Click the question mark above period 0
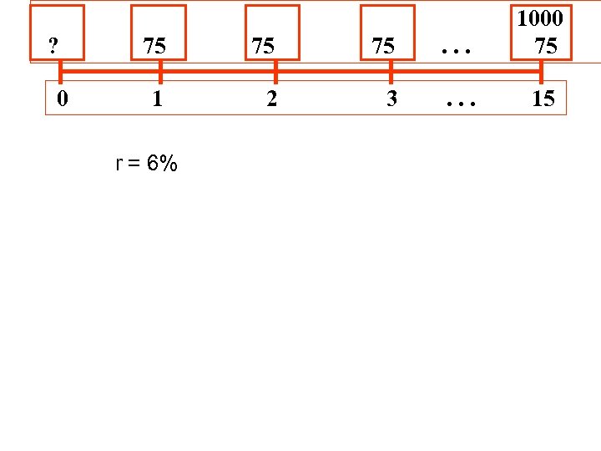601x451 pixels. [53, 46]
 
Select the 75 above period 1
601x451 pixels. [154, 46]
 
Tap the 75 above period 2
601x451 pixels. [263, 46]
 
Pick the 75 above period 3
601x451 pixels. [383, 46]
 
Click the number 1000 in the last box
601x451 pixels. [540, 18]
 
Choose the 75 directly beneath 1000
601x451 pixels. [546, 46]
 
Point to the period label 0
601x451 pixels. [63, 99]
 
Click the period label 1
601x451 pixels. [157, 99]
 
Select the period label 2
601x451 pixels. [270, 99]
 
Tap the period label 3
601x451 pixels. [391, 99]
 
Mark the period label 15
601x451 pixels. [543, 99]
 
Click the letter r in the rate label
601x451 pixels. [119, 164]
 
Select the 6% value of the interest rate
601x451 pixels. [162, 164]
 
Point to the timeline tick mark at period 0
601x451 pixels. [60, 72]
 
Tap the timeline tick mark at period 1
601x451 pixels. [159, 72]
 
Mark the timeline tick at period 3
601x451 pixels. [390, 72]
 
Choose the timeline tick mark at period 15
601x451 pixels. [541, 72]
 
